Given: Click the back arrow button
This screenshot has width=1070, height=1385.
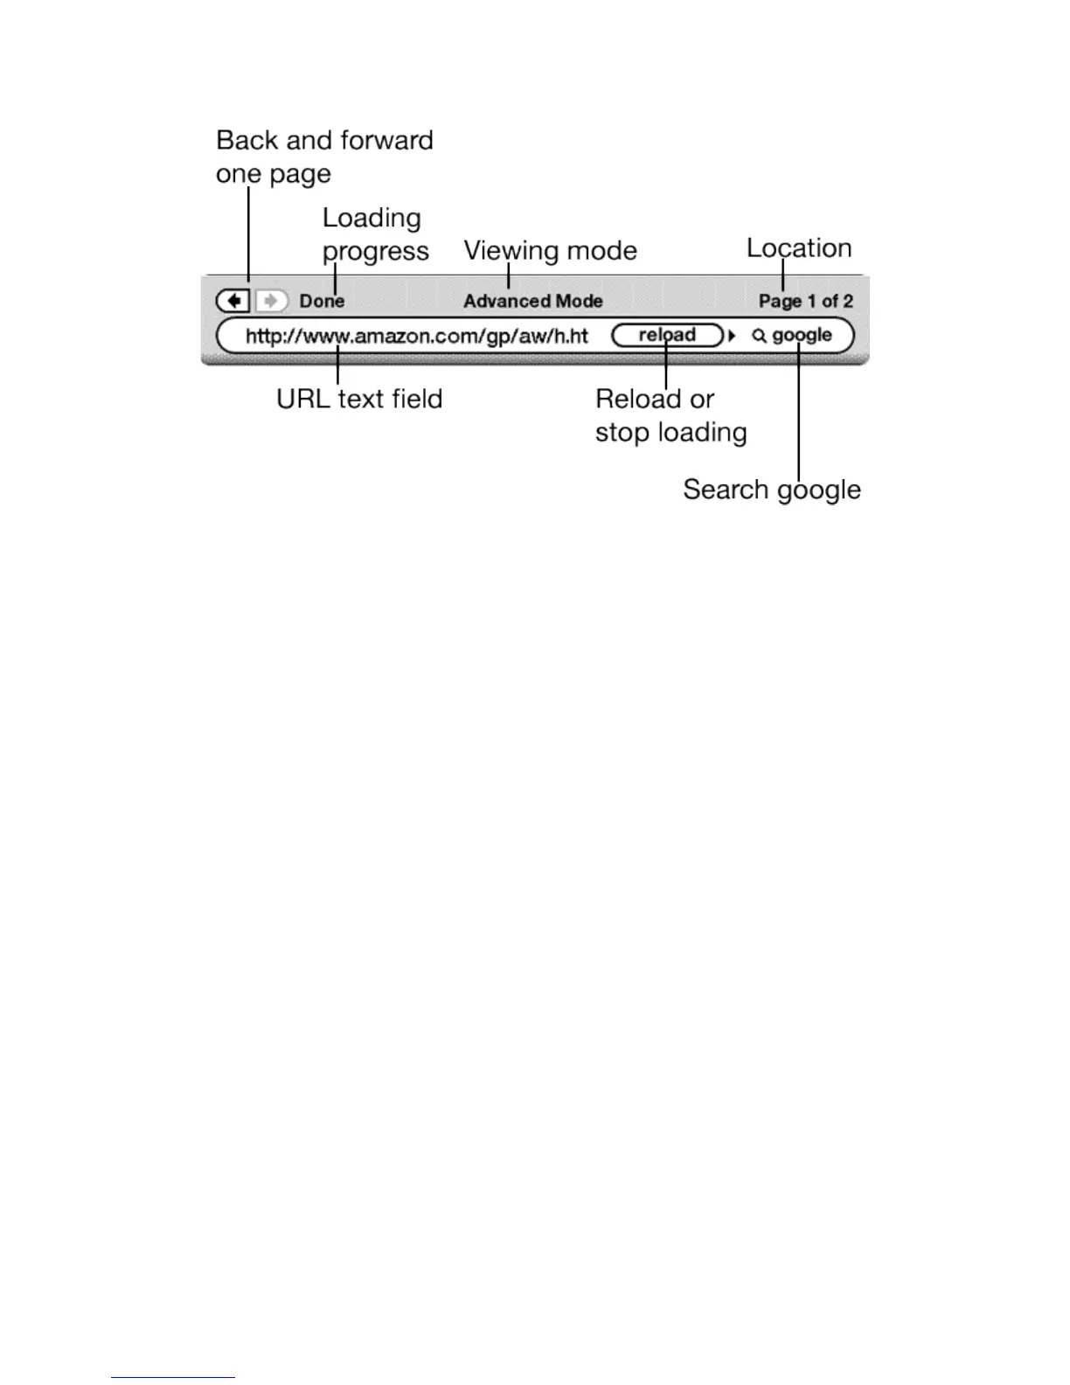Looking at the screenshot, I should point(233,301).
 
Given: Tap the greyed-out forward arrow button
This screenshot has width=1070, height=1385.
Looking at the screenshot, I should point(272,301).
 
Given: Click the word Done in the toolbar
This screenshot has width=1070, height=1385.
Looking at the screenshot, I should point(322,301).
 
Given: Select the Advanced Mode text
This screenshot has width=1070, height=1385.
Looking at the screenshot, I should point(532,301).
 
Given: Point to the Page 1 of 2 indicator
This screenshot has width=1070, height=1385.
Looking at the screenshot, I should point(805,301).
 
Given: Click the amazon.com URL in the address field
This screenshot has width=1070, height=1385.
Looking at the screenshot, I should point(416,336).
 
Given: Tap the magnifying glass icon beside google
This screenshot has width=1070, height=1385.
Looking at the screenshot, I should point(759,336).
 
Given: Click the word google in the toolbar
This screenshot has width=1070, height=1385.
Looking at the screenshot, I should point(802,336).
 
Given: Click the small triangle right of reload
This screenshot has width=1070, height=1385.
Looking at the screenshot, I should point(733,336).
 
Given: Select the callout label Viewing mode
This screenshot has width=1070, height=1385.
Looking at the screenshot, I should point(550,251).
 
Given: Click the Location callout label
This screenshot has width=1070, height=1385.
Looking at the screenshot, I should point(798,248).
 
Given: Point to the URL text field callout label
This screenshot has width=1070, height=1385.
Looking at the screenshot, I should point(359,399).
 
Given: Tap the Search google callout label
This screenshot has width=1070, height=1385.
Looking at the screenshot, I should point(771,490).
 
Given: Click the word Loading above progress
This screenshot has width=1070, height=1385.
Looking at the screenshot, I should point(372,218).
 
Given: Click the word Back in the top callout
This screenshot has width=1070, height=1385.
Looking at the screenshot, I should point(247,140).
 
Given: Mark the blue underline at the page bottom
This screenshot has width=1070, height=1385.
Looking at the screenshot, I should point(173,1377).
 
